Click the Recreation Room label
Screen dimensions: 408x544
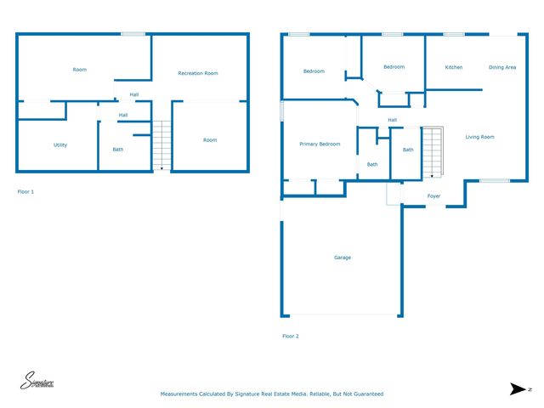(x=198, y=74)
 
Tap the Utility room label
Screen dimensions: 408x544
(x=60, y=145)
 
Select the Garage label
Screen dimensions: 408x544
(x=343, y=258)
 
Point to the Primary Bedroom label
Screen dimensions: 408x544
(x=320, y=144)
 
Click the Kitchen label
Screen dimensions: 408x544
(x=454, y=67)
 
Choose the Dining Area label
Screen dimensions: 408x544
(x=502, y=67)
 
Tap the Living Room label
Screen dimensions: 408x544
(x=479, y=137)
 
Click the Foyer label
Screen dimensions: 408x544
(x=433, y=196)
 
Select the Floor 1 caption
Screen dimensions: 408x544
(x=26, y=192)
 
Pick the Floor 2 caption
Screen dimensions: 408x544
(x=291, y=337)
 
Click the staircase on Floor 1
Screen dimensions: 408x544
(x=161, y=145)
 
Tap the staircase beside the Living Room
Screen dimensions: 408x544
(x=433, y=152)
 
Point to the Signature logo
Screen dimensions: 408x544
(x=37, y=382)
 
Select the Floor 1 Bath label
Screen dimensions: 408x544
(x=118, y=150)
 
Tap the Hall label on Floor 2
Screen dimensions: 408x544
(x=392, y=120)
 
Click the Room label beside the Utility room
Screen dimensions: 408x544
(x=80, y=70)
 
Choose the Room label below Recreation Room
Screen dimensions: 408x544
(x=210, y=140)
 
